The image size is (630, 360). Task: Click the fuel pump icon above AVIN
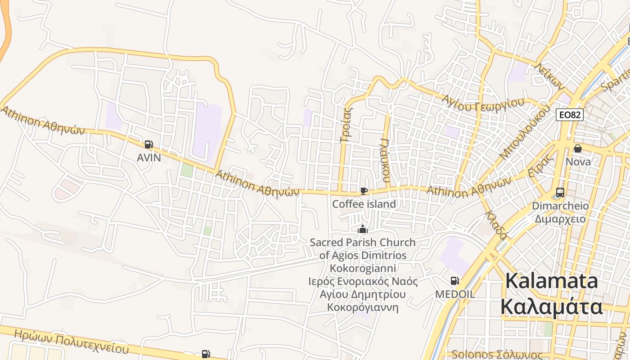pos(148,144)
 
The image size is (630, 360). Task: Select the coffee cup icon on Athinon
pos(364,191)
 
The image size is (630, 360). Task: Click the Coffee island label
pos(364,204)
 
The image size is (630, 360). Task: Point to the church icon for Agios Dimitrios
pos(362,229)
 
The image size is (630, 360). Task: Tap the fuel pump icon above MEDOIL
pos(454,281)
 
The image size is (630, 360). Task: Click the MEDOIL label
pos(455,294)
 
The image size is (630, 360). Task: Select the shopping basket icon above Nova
pos(578,148)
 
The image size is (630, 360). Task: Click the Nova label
pos(578,161)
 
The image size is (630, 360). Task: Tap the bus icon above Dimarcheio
pos(560,192)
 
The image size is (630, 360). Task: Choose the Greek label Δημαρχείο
pos(560,219)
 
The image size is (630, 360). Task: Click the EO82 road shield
pos(569,114)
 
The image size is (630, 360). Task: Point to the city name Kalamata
pos(552,281)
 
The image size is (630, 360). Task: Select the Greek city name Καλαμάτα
pos(552,307)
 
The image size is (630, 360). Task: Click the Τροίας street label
pos(346,125)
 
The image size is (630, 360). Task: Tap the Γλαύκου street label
pos(385,160)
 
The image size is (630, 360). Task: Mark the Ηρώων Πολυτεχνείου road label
pos(71,342)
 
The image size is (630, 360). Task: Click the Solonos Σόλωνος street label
pos(497,355)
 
